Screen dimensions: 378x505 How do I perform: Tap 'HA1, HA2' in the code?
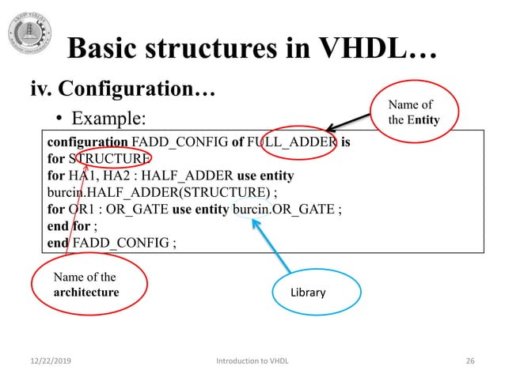pyautogui.click(x=97, y=176)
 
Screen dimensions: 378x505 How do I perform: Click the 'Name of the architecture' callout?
pyautogui.click(x=89, y=285)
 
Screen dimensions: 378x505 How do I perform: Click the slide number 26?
pyautogui.click(x=469, y=361)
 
